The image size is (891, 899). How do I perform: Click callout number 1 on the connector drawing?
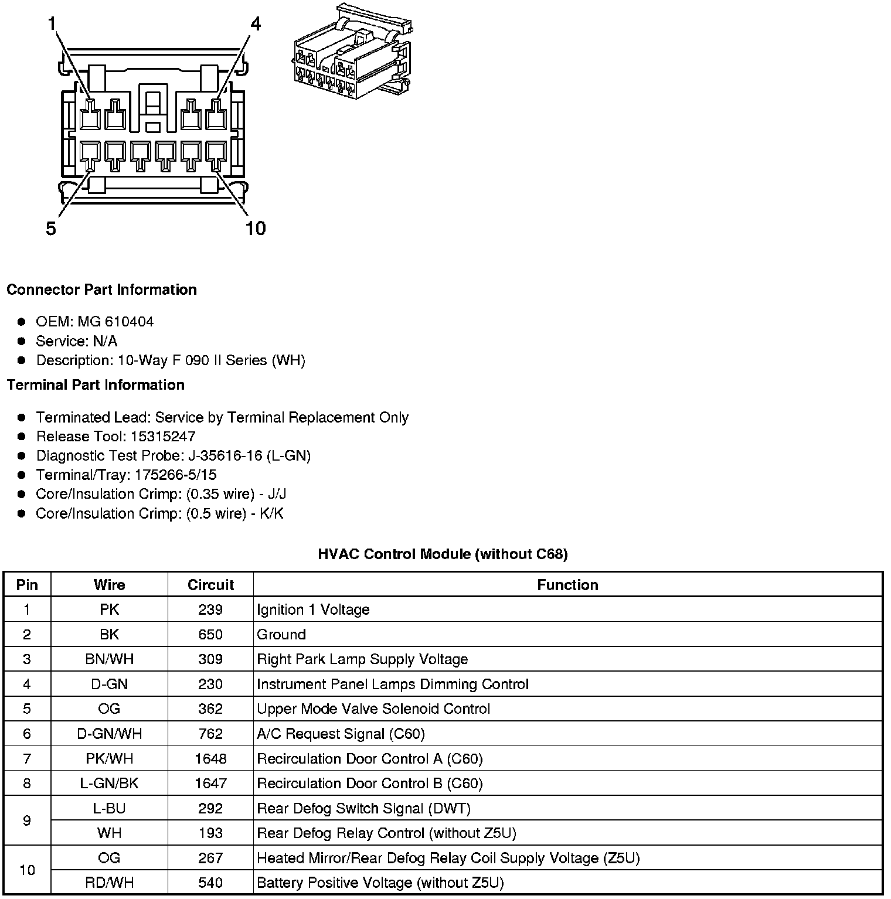52,23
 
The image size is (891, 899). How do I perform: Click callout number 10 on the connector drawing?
256,228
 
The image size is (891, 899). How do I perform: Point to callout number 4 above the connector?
255,23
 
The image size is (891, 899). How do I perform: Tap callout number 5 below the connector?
51,228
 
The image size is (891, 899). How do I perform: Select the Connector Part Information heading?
101,290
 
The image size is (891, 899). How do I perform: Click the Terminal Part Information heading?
96,384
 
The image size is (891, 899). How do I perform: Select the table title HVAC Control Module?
443,554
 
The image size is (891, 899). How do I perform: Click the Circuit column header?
210,585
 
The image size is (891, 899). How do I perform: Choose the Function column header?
567,585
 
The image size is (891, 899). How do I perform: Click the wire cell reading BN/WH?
109,659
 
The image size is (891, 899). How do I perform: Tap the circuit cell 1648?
210,759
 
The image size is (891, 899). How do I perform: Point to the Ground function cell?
281,635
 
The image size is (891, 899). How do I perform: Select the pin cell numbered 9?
27,820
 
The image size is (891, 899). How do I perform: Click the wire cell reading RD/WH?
109,883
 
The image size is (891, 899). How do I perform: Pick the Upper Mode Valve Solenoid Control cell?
373,709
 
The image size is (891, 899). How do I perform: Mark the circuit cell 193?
210,833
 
